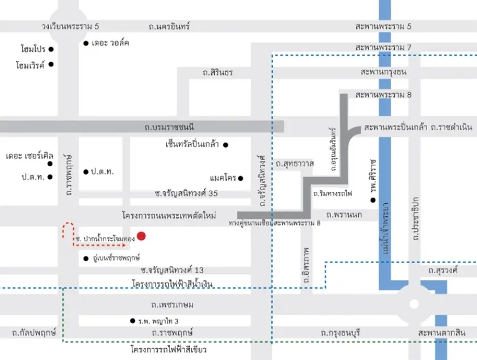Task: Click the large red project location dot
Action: point(141,236)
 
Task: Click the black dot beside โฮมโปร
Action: point(51,49)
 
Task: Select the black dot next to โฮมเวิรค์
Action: point(51,64)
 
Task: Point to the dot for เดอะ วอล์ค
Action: point(86,43)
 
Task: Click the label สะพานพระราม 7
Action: point(383,48)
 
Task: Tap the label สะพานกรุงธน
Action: point(383,73)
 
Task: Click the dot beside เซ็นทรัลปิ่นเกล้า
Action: point(225,145)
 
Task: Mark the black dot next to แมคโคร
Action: point(241,178)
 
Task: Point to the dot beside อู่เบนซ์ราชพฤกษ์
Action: point(86,258)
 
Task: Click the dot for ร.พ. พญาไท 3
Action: point(132,321)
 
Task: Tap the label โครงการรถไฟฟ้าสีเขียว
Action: point(169,350)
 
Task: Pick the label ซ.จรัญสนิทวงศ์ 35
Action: point(179,194)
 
